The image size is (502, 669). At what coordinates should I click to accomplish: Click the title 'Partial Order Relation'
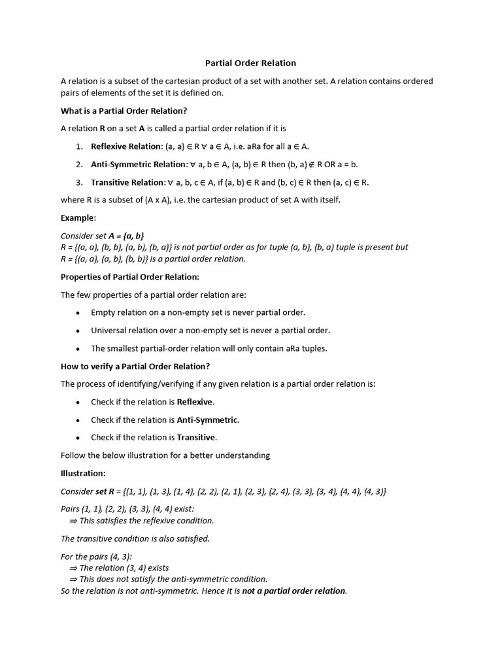tap(250, 63)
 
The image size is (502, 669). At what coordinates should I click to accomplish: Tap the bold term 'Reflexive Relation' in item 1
tap(126, 146)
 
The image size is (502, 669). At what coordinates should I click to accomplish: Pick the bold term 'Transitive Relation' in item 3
tap(127, 182)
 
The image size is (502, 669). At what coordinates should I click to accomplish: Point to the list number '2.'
tap(78, 164)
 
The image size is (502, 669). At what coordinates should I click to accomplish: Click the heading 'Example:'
tap(78, 218)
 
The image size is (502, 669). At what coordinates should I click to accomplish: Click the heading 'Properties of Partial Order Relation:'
tap(130, 277)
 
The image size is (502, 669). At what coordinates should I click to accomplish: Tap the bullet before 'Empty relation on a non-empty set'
tap(78, 313)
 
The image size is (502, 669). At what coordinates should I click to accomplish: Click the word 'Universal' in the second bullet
tap(109, 330)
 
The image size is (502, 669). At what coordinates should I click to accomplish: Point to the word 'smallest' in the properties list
tap(124, 348)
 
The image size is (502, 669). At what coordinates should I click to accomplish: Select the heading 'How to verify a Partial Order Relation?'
tap(135, 366)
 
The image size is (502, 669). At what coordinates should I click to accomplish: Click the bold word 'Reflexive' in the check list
tap(195, 402)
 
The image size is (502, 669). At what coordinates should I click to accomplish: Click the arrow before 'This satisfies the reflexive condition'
tap(73, 521)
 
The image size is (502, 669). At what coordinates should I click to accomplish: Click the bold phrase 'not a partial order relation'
tap(294, 591)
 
